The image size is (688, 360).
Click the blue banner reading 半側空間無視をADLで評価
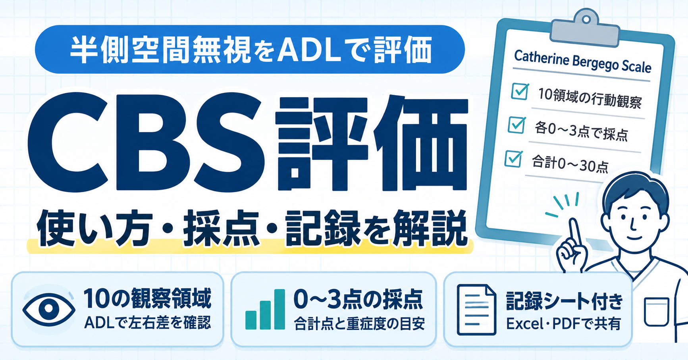pos(250,49)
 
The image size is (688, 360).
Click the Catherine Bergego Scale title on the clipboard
pos(582,62)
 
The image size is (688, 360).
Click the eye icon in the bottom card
pos(49,309)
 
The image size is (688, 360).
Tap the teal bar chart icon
pos(265,310)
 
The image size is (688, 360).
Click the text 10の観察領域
pos(147,299)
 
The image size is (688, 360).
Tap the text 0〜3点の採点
pos(358,299)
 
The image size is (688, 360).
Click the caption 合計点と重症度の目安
pos(359,324)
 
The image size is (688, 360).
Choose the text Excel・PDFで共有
pos(563,324)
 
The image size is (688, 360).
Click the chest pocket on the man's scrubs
pos(656,312)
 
